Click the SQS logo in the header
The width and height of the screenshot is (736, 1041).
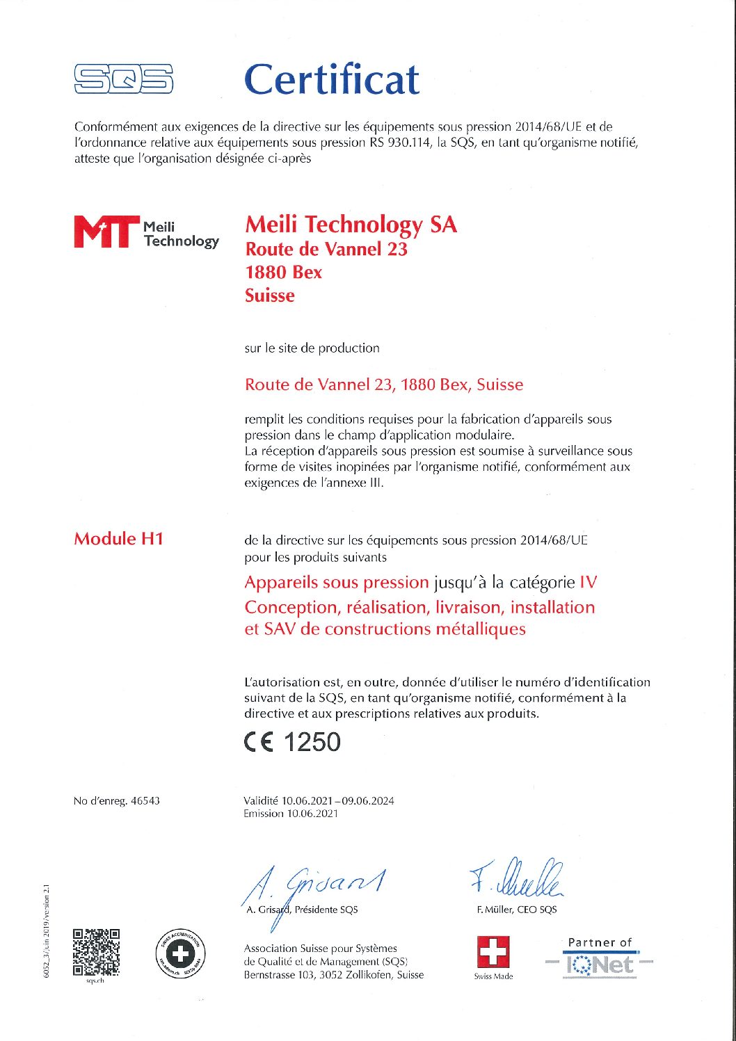click(x=123, y=79)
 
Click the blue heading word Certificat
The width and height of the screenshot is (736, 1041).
click(x=331, y=79)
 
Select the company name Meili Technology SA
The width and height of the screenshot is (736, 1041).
click(x=351, y=225)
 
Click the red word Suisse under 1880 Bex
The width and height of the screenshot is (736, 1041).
click(x=269, y=296)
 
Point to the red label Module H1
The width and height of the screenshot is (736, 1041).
click(x=118, y=539)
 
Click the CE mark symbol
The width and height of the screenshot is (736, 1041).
click(x=259, y=743)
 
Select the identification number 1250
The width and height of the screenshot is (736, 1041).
click(x=312, y=743)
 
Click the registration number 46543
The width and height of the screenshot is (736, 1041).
click(x=145, y=801)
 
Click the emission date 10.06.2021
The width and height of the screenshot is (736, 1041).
click(x=312, y=814)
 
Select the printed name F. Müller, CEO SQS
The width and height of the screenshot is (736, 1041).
click(x=517, y=910)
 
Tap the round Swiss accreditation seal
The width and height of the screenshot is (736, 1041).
click(x=180, y=953)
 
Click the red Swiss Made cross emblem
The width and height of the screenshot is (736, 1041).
click(x=493, y=952)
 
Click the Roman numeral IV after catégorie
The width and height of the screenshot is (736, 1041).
click(x=588, y=583)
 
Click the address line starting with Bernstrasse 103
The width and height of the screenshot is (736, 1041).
click(x=333, y=975)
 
